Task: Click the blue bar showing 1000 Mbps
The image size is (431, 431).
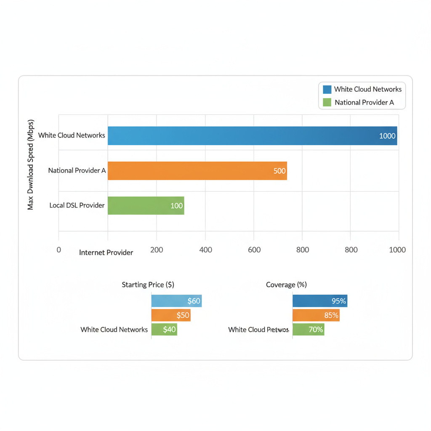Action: (x=253, y=136)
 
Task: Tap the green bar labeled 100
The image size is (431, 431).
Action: (x=146, y=205)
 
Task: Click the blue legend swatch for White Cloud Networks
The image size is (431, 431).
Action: (x=327, y=89)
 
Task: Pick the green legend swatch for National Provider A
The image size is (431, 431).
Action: (x=327, y=102)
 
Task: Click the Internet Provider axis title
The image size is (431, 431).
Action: (x=106, y=253)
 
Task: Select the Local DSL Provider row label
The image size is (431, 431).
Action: (x=77, y=205)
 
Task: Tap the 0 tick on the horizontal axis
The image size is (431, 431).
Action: (x=59, y=250)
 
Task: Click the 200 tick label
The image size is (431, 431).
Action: (x=157, y=250)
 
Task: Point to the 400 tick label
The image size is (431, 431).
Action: (x=205, y=250)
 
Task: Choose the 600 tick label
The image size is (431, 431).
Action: (x=254, y=250)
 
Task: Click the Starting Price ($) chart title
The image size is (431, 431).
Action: (x=148, y=285)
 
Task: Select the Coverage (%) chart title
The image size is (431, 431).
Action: (x=286, y=285)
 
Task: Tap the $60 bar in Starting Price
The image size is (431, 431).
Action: (x=176, y=301)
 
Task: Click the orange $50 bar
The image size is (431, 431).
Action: (x=171, y=315)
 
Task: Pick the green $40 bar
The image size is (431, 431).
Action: (x=164, y=329)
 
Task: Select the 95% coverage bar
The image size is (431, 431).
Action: (x=320, y=301)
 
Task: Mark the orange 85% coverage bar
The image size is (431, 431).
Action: (x=316, y=315)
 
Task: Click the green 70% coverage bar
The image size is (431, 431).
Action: (x=308, y=329)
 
